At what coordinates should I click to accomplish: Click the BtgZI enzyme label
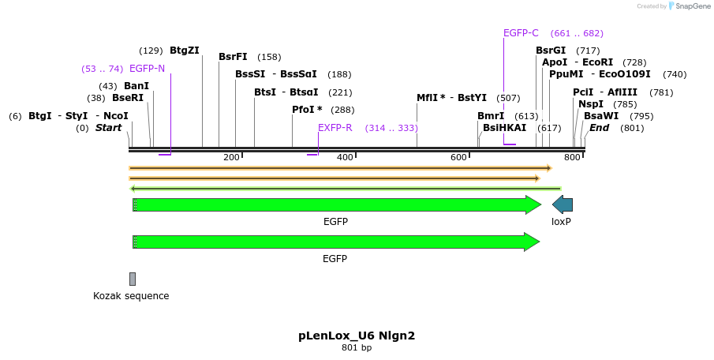click(184, 51)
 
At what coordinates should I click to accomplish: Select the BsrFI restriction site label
click(233, 57)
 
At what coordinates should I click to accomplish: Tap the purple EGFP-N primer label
click(147, 69)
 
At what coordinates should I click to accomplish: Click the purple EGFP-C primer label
click(521, 33)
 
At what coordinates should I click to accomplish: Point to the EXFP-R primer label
click(335, 127)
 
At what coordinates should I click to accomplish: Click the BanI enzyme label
click(136, 86)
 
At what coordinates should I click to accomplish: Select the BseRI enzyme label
click(128, 98)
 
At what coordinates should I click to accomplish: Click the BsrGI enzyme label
click(551, 51)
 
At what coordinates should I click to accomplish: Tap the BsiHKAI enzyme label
click(504, 127)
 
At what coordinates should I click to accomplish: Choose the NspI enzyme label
click(591, 104)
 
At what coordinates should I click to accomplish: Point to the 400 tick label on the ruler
click(345, 158)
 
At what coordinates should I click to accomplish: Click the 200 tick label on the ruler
click(231, 158)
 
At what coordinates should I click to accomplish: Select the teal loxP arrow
click(563, 205)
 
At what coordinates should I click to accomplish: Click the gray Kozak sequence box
click(133, 279)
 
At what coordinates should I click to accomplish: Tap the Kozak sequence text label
click(131, 296)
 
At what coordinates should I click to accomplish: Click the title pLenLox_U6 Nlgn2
click(357, 336)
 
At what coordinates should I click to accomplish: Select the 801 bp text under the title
click(357, 347)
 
